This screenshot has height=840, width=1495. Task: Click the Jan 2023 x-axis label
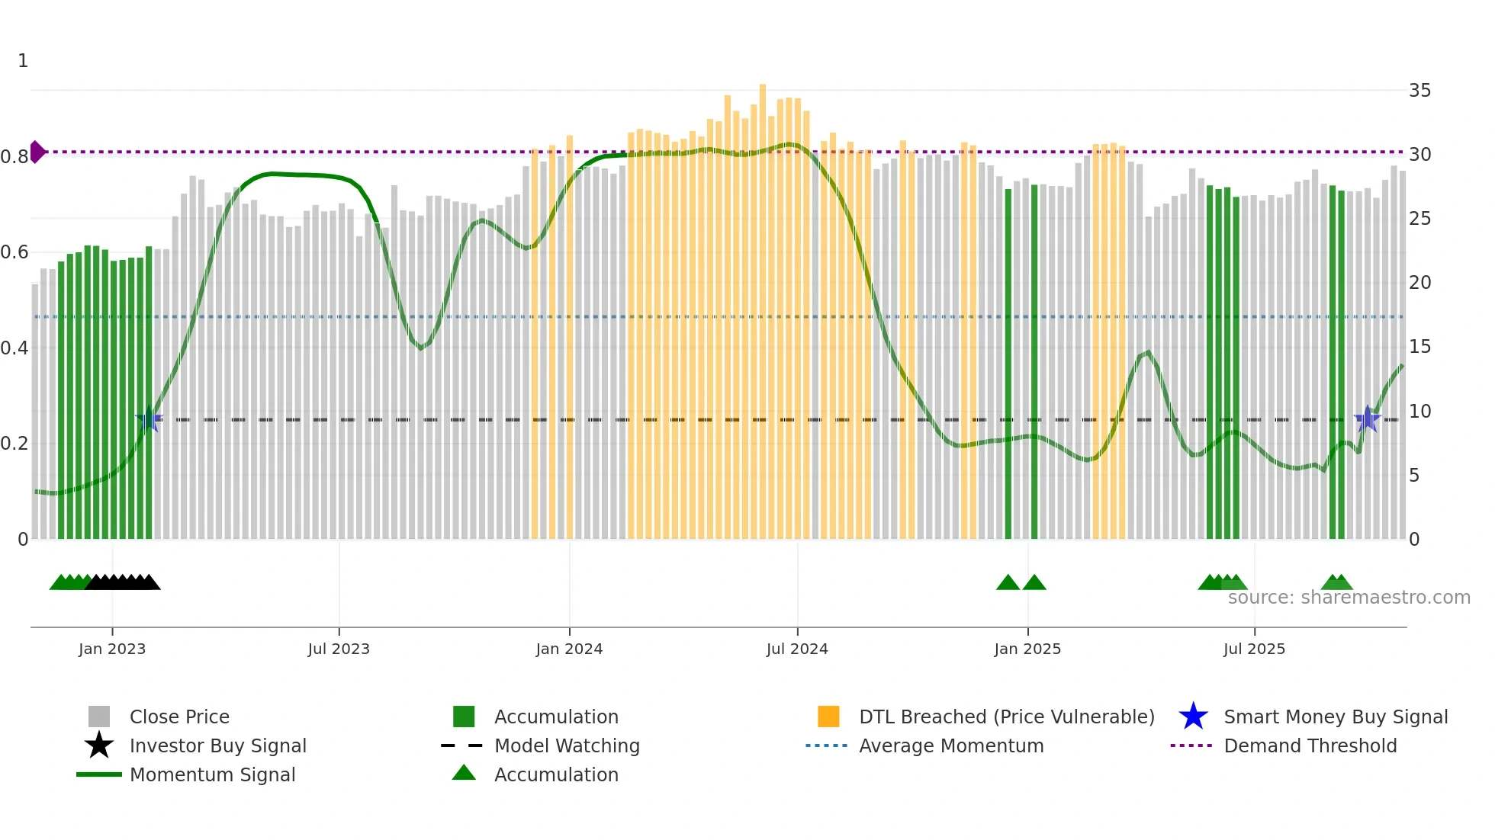[x=112, y=649]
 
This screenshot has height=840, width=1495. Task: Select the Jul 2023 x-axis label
[x=339, y=649]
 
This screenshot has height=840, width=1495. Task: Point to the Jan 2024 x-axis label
[x=569, y=649]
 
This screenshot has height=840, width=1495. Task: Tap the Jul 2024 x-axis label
[x=797, y=649]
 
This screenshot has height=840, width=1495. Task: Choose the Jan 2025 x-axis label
[x=1027, y=649]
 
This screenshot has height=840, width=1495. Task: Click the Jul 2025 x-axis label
[x=1254, y=649]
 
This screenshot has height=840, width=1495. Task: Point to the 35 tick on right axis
[x=1419, y=91]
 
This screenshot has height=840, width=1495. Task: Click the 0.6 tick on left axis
[x=14, y=252]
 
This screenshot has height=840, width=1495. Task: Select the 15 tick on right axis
[x=1419, y=347]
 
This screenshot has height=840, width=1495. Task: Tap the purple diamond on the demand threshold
[x=37, y=152]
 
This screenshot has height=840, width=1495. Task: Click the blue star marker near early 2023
[x=149, y=419]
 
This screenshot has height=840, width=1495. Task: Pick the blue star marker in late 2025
[x=1367, y=419]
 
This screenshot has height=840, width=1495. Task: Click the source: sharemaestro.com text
[x=1349, y=598]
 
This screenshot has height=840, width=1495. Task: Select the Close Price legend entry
[x=179, y=717]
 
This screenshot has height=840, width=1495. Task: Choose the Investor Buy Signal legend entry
[x=217, y=745]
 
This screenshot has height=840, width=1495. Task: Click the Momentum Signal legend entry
[x=212, y=774]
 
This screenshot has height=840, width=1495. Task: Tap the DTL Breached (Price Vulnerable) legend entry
[x=1006, y=717]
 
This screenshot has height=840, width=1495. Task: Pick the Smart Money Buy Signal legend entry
[x=1336, y=717]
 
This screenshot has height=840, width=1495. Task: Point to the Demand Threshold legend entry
[x=1310, y=745]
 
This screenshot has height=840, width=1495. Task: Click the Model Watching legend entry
[x=567, y=745]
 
